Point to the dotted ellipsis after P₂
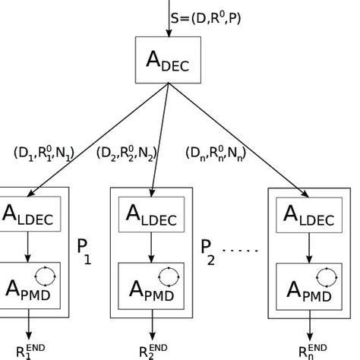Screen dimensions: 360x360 (x=242, y=250)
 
